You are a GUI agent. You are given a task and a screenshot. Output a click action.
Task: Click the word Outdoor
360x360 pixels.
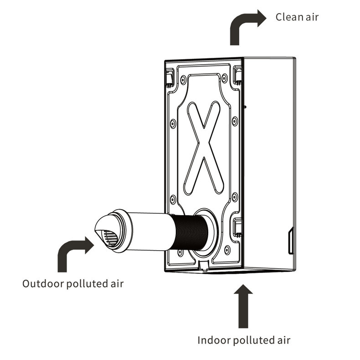(x=43, y=283)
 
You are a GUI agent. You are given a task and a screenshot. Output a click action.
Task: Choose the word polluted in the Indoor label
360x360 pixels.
(x=255, y=340)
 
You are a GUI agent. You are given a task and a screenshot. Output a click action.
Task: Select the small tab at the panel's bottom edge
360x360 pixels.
(x=204, y=265)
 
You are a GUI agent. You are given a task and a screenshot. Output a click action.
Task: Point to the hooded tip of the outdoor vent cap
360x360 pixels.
(x=101, y=228)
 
